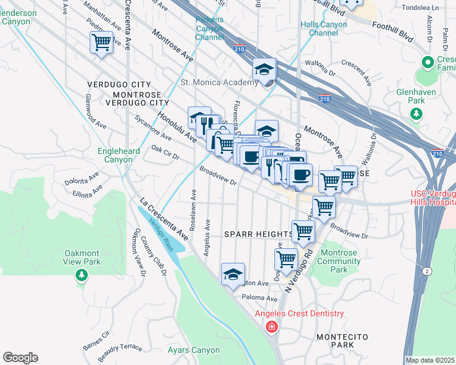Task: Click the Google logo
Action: (x=20, y=358)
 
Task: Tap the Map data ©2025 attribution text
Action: (x=430, y=360)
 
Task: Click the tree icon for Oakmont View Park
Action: (x=81, y=276)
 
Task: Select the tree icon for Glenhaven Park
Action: (x=417, y=113)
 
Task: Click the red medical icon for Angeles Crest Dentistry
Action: (x=271, y=327)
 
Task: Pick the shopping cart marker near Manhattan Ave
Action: (x=101, y=43)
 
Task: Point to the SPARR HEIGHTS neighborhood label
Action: (x=258, y=234)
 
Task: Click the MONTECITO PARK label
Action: (x=335, y=340)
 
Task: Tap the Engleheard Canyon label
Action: (x=119, y=155)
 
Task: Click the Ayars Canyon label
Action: (x=193, y=350)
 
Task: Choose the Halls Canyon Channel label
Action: (x=324, y=29)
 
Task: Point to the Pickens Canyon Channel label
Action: (x=210, y=28)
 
